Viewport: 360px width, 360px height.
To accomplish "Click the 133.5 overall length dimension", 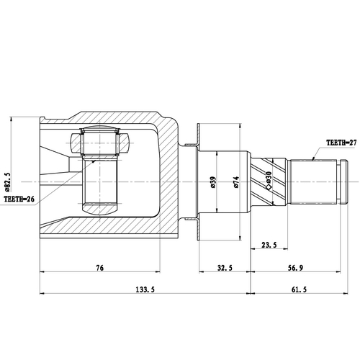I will (145, 289).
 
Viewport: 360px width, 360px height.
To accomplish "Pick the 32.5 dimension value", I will (225, 268).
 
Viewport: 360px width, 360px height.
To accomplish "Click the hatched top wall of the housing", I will (108, 117).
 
